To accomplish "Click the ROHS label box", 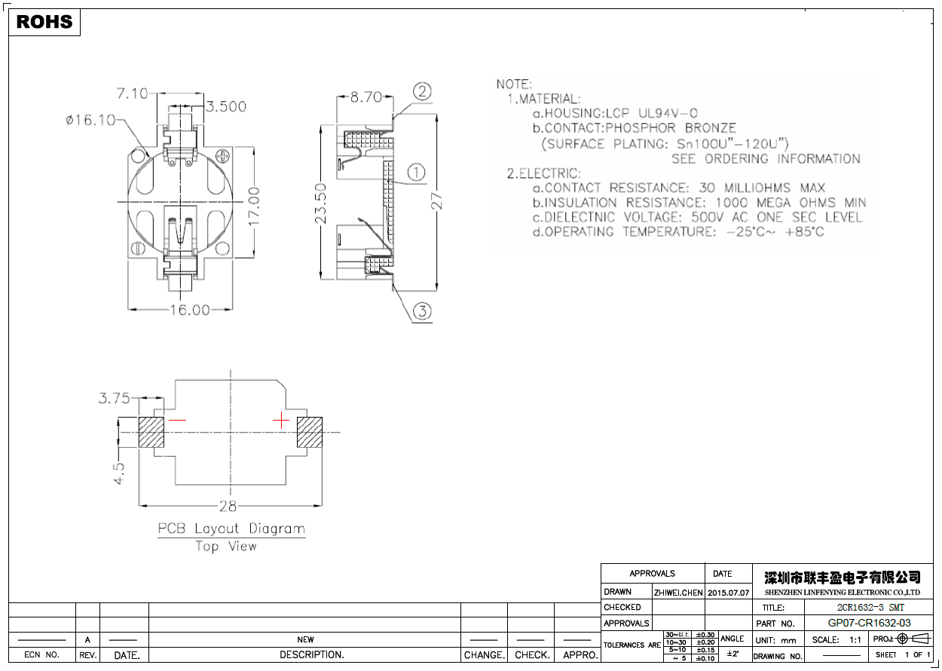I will click(x=44, y=22).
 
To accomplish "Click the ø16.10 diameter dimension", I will click(x=90, y=120).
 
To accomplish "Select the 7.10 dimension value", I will click(x=132, y=93).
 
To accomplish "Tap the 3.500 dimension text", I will click(x=226, y=107).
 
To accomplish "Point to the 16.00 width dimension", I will click(x=189, y=309).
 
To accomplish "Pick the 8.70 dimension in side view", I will click(x=365, y=97).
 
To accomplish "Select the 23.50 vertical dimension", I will click(x=321, y=203).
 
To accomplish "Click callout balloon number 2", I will click(x=422, y=92).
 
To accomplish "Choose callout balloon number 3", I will click(x=422, y=311).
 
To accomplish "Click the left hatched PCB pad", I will click(x=151, y=432).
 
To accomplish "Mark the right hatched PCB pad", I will click(x=310, y=432).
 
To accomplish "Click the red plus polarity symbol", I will click(x=280, y=419).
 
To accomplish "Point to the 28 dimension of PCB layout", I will click(x=228, y=505).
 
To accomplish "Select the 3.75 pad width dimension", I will click(x=114, y=398).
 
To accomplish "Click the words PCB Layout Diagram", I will click(x=231, y=529).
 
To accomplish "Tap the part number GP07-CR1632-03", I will click(x=869, y=624).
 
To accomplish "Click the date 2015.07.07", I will click(x=729, y=593).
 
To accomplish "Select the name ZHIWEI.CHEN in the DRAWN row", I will click(x=678, y=593).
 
